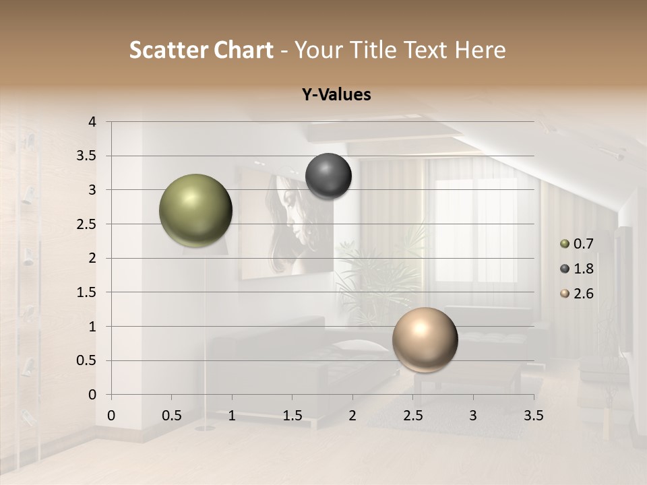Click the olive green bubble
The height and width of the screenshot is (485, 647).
195,210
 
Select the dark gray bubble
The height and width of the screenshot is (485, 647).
328,176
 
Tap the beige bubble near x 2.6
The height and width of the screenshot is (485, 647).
425,339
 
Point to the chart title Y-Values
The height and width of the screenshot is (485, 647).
336,95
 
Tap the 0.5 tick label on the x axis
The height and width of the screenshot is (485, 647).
172,416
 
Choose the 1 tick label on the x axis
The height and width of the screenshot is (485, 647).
232,416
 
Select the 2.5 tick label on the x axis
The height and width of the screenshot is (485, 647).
412,416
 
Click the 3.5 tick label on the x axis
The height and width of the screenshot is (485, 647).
533,416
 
